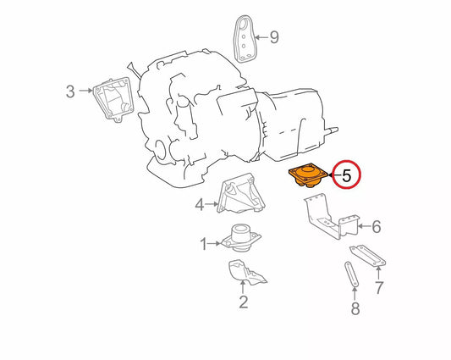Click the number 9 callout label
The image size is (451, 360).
(x=272, y=36)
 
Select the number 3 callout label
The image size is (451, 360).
(x=71, y=91)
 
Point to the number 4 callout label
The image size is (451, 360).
(x=200, y=204)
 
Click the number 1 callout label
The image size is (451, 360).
(x=203, y=245)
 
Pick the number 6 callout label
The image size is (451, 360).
(x=377, y=226)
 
